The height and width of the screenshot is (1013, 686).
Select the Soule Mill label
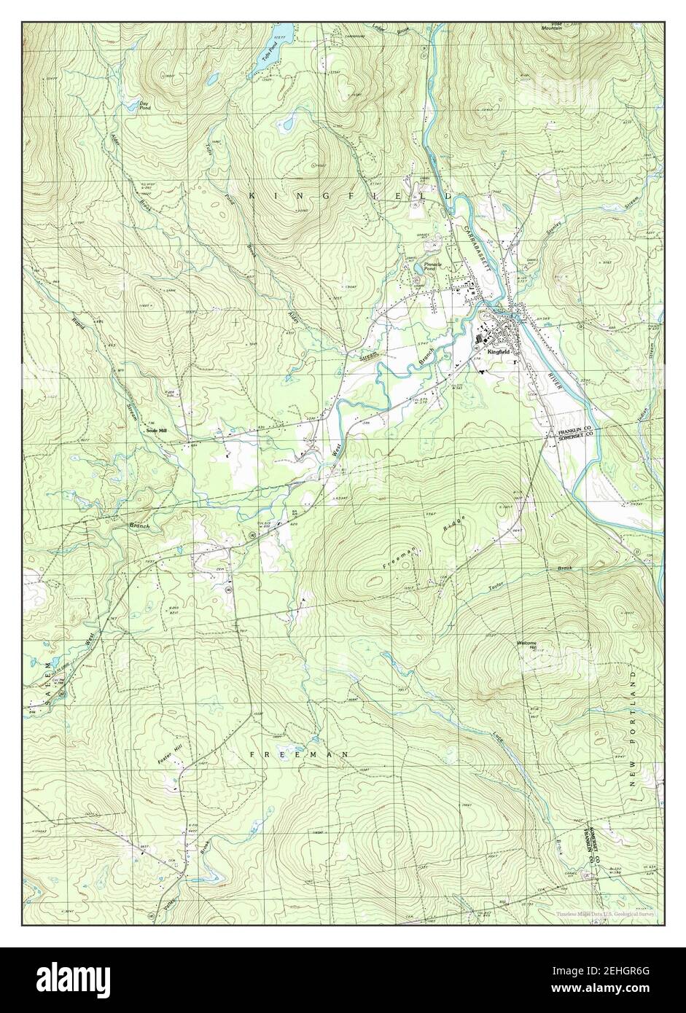pyautogui.click(x=157, y=431)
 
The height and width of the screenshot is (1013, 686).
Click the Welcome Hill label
pyautogui.click(x=526, y=645)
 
